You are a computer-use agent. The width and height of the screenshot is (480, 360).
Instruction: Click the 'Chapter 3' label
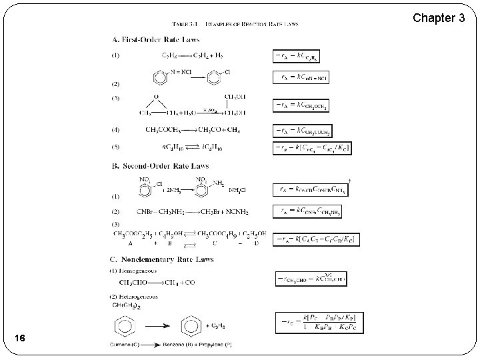click(x=438, y=17)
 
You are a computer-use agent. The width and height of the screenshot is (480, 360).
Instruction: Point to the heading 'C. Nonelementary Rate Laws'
click(x=162, y=259)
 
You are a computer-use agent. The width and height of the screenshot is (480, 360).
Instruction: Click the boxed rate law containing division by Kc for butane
click(x=312, y=147)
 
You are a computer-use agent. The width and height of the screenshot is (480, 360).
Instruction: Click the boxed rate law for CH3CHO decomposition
click(x=310, y=279)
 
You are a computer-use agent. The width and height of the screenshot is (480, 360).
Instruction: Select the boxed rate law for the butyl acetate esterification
click(x=316, y=239)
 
